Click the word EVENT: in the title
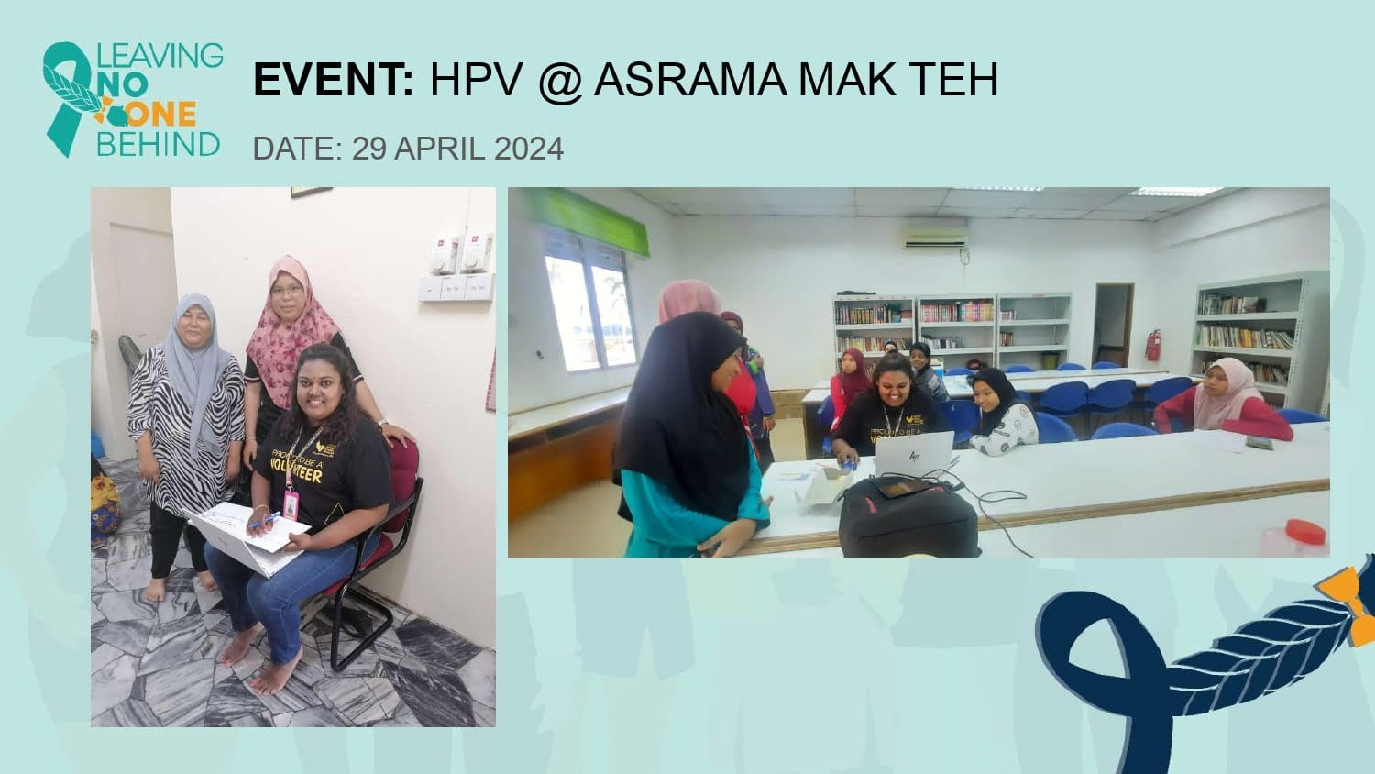click(x=334, y=79)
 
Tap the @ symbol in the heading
click(x=559, y=82)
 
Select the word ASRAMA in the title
click(x=689, y=79)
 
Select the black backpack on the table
click(x=908, y=517)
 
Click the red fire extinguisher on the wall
click(x=1153, y=345)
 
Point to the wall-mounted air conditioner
click(x=935, y=238)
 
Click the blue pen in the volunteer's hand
click(x=265, y=520)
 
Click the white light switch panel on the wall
click(x=456, y=287)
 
